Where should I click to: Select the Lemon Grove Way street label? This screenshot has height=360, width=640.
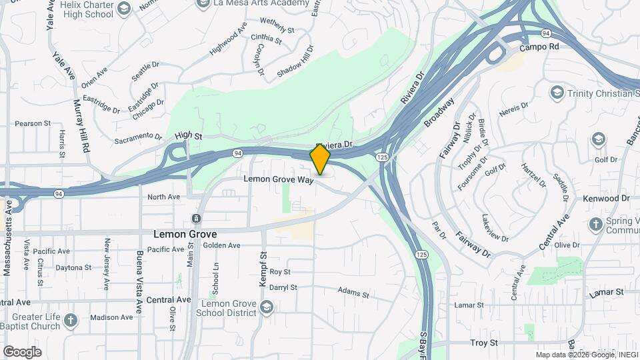coord(278,179)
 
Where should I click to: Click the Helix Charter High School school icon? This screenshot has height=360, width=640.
coord(123,8)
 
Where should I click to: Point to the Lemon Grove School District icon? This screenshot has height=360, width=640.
coord(267,307)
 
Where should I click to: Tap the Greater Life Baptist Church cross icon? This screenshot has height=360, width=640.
coord(71,321)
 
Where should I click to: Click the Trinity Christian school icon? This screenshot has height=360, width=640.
coord(557,92)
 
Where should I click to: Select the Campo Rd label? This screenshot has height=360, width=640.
coord(539,48)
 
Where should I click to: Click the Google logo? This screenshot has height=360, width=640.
coord(22,352)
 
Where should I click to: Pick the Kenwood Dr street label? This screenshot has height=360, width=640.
coord(606,199)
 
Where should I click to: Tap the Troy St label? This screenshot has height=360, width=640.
coord(484,343)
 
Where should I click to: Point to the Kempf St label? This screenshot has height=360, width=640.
coord(263,265)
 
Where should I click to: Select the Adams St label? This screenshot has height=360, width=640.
coord(353,293)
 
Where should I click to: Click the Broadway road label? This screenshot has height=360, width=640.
coord(439,111)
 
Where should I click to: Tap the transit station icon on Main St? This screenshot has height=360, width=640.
coord(196,219)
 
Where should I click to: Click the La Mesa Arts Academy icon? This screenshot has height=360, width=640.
coord(204,3)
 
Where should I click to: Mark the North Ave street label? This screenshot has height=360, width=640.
coord(164,197)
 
